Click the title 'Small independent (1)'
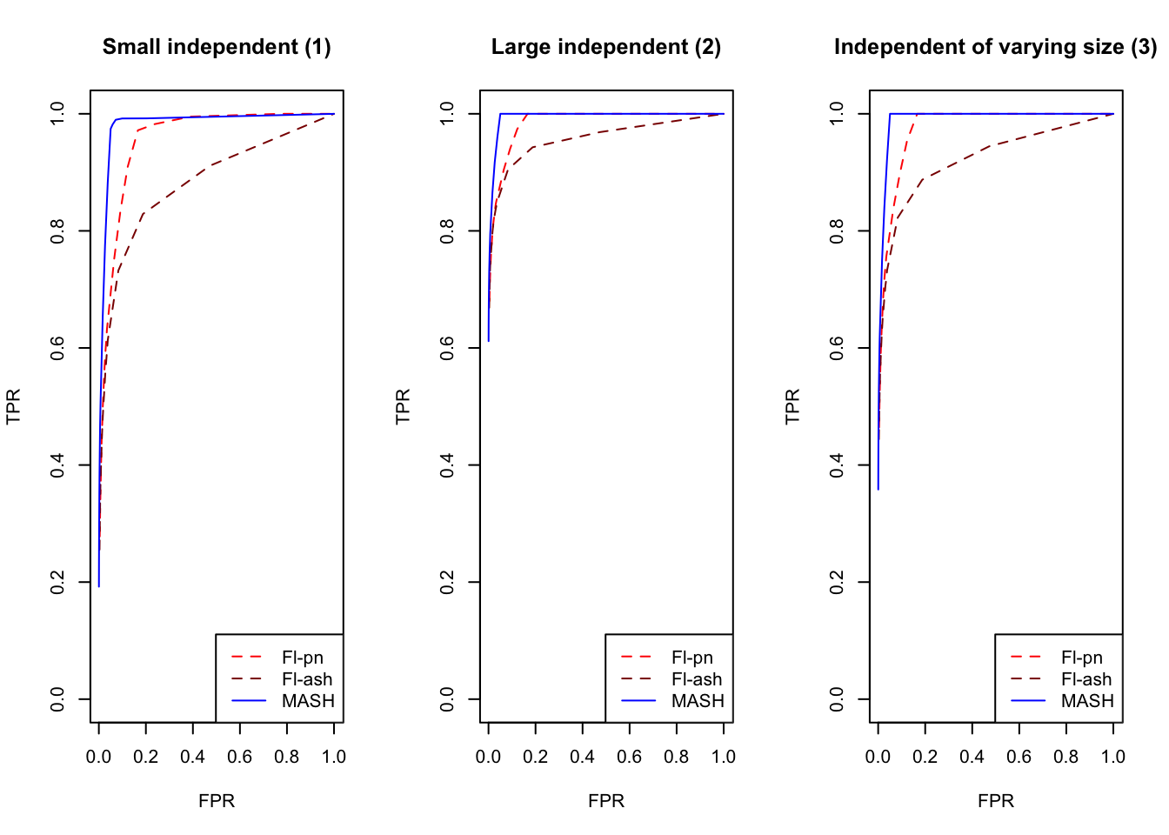217,47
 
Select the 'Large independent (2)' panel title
606,47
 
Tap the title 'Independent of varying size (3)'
995,47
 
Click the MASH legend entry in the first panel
308,701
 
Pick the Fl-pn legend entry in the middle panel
691,658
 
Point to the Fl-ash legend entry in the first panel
307,679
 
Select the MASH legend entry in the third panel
1087,701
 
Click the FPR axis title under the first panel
217,801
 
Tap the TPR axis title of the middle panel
403,406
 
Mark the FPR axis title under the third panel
996,801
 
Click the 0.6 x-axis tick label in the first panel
239,757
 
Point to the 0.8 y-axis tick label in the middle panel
448,230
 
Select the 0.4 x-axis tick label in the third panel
972,757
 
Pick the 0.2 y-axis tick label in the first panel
58,582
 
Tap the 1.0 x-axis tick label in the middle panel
723,757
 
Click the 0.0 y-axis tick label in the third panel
838,699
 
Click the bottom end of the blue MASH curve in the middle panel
489,340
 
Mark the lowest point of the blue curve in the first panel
99,586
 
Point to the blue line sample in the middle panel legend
638,701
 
